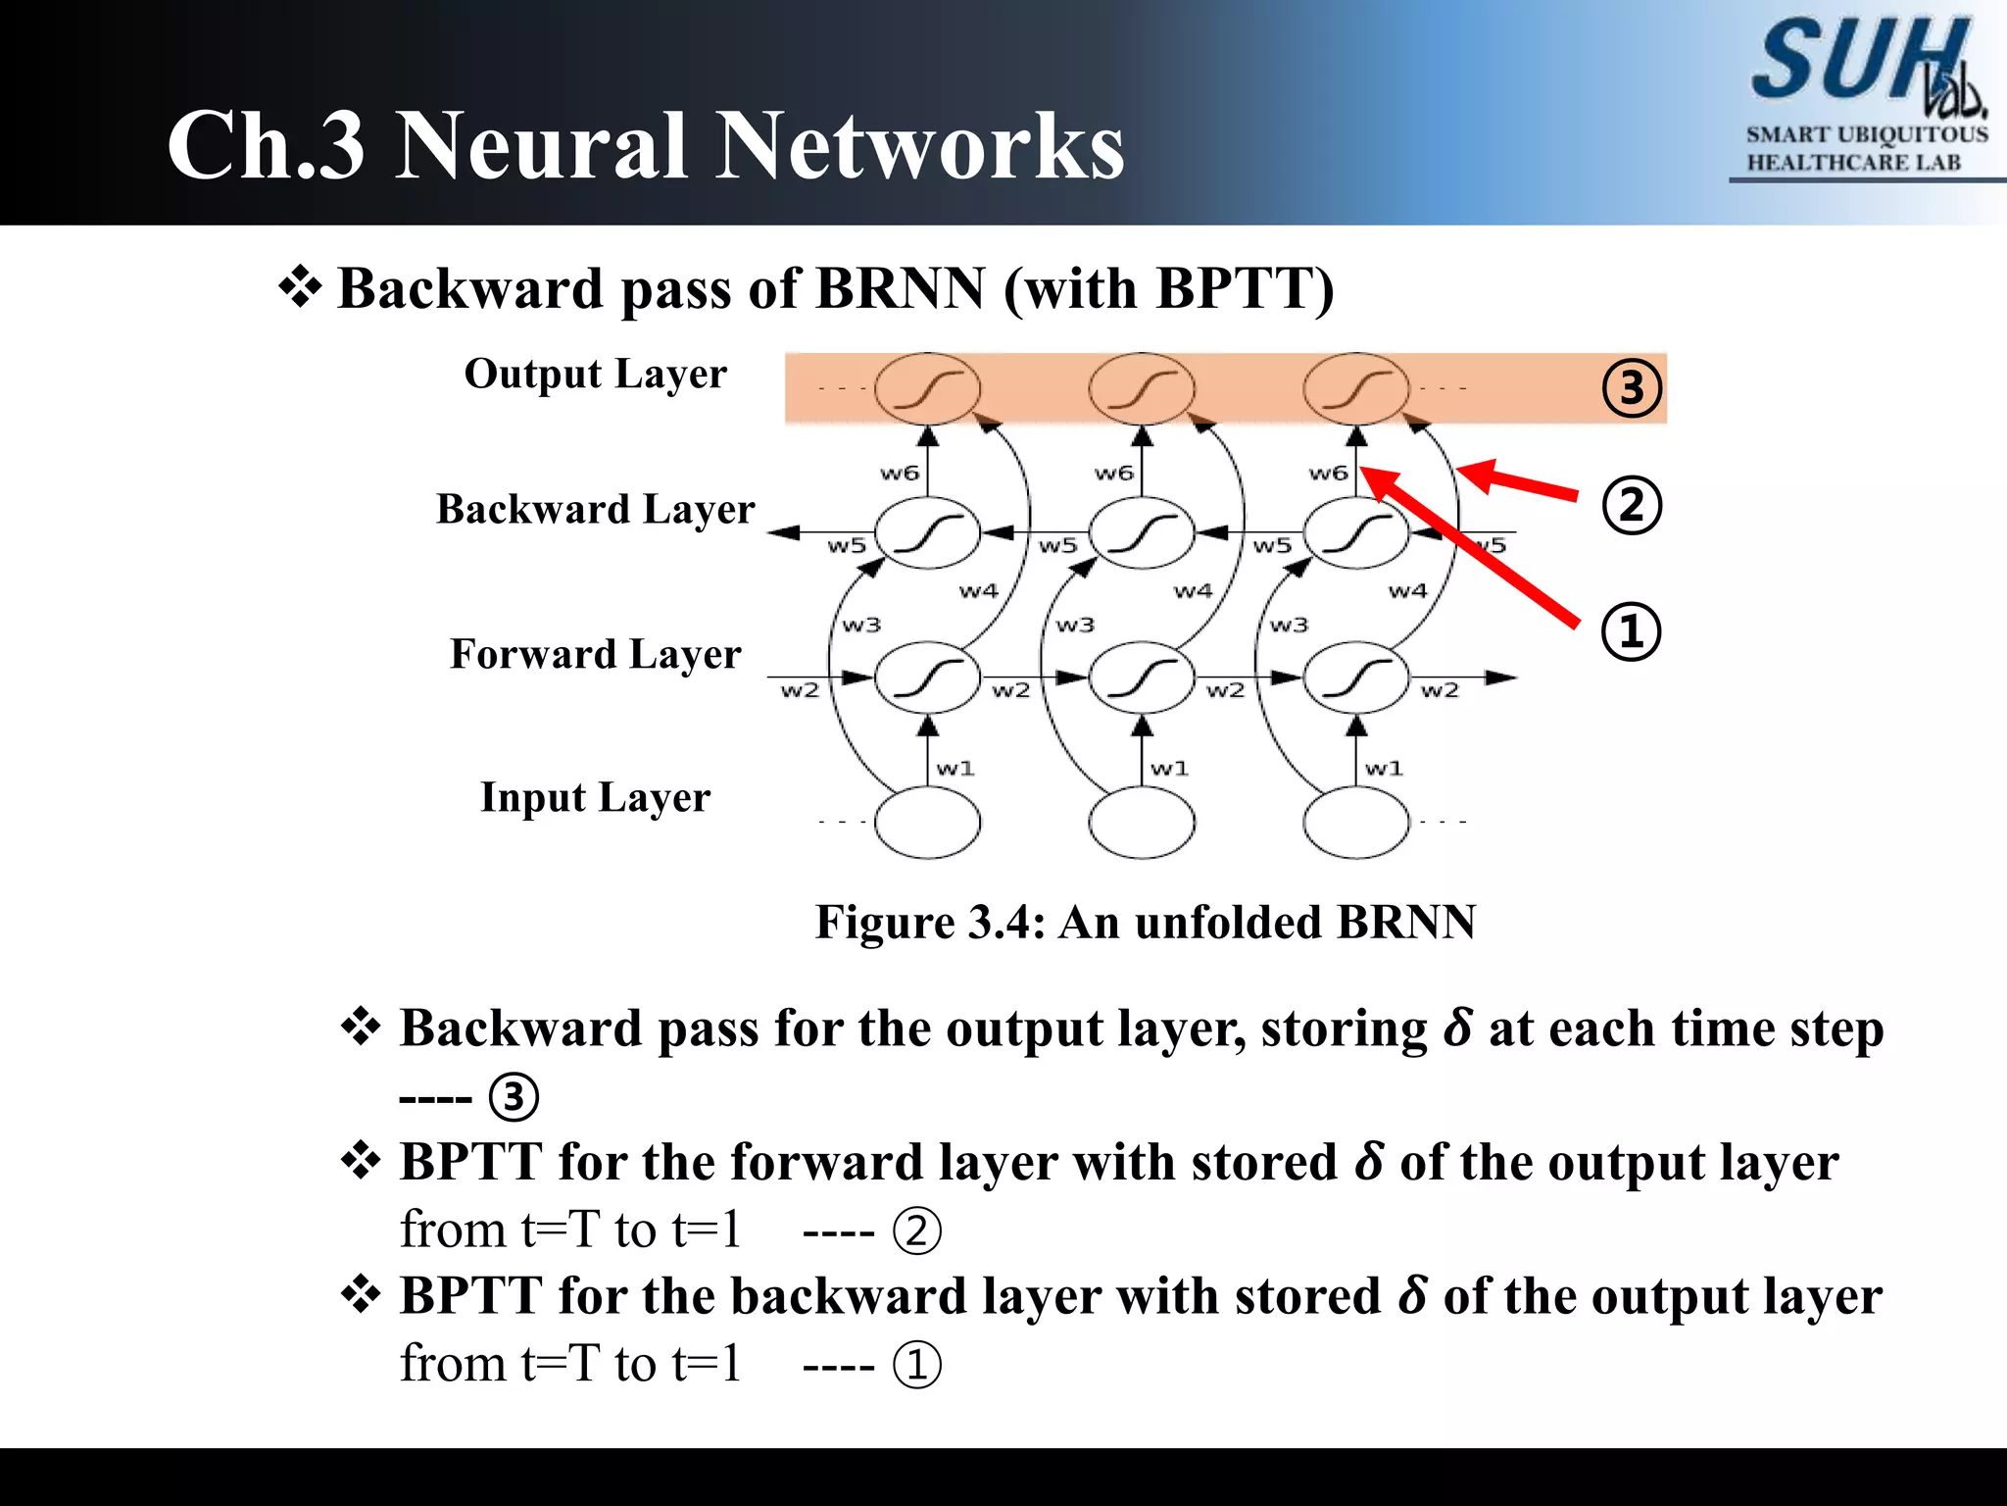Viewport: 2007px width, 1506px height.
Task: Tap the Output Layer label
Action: [x=595, y=374]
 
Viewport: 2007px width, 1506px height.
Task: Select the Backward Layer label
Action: [x=595, y=509]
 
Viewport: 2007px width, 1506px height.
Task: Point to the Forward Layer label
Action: [x=595, y=654]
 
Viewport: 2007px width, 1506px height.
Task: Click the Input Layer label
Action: [x=595, y=797]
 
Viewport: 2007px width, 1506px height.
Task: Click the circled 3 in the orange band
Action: [x=1631, y=388]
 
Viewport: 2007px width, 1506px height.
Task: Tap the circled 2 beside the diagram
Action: [x=1631, y=505]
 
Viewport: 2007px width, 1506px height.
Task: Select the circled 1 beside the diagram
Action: [x=1631, y=630]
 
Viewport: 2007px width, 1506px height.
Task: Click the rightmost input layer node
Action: [x=1356, y=823]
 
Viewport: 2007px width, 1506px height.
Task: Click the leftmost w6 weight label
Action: [x=899, y=474]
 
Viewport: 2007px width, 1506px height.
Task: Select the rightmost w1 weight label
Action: [x=1383, y=769]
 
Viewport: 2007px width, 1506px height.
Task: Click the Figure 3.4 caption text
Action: [x=1145, y=923]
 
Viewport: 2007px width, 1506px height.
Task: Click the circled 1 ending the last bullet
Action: [x=916, y=1365]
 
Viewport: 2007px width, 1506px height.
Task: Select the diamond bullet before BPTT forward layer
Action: [x=361, y=1161]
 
